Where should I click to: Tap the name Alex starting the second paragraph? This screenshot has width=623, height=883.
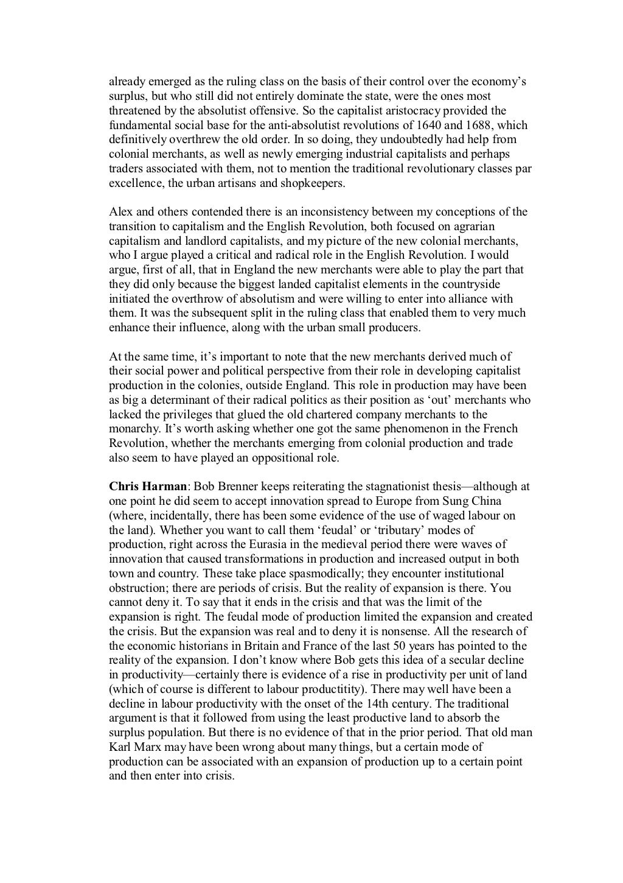(x=120, y=212)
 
